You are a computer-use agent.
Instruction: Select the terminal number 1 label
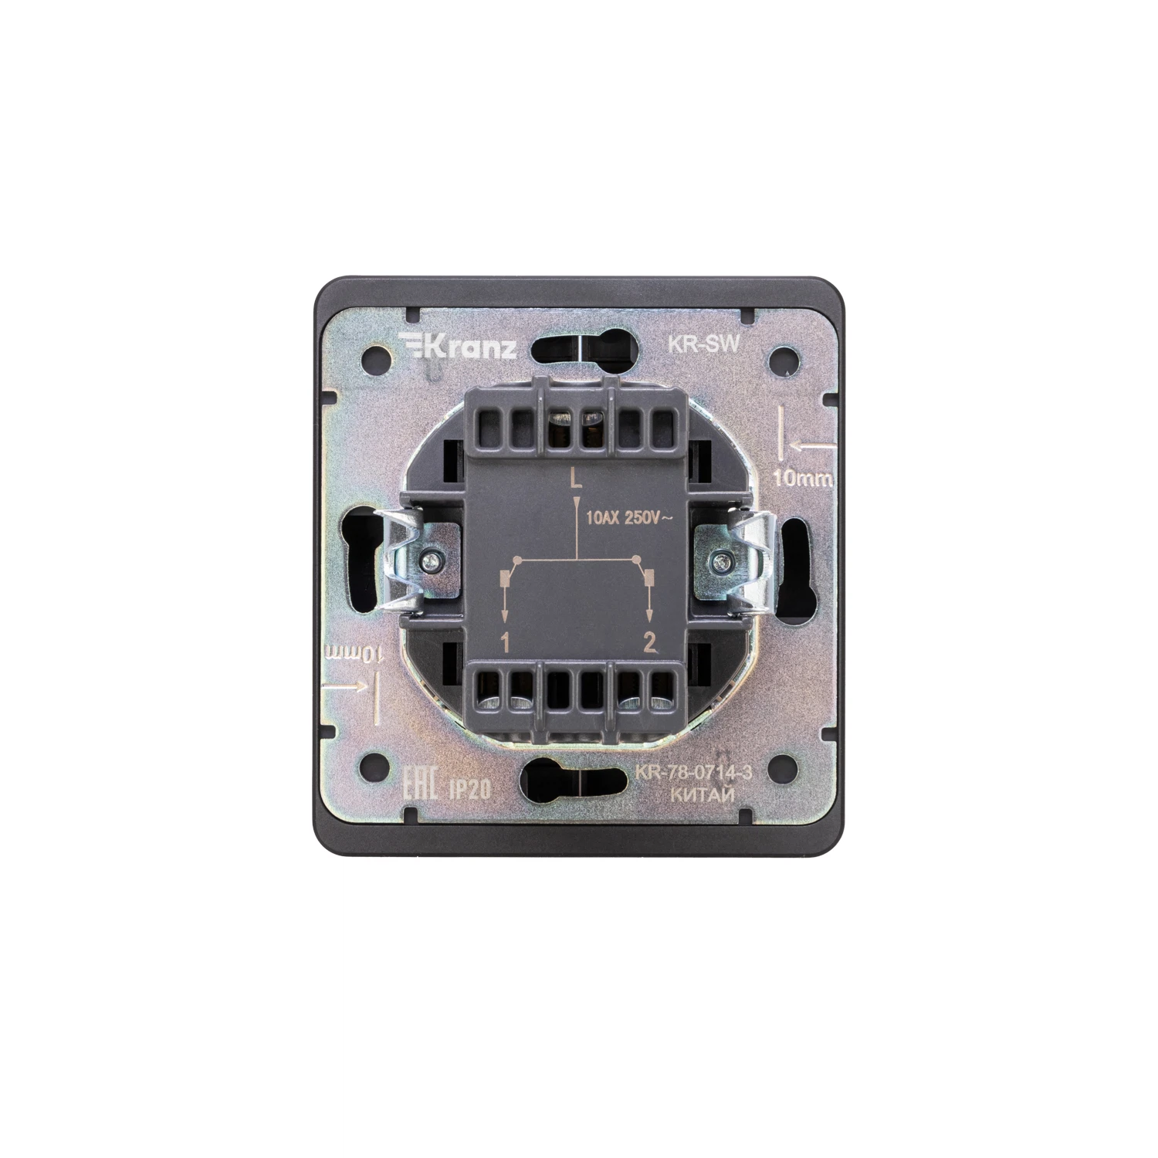(x=506, y=642)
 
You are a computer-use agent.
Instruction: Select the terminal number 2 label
(x=649, y=642)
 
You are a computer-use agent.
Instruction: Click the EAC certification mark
(x=423, y=784)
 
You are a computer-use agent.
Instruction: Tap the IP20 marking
(x=466, y=787)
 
